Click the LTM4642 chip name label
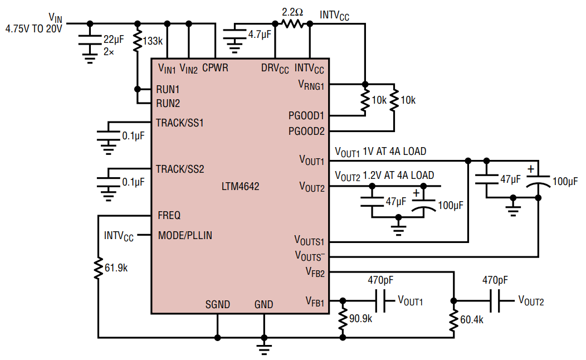(x=240, y=187)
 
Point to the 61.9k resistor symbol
(x=98, y=267)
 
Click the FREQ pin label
(x=169, y=215)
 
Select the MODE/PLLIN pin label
(x=184, y=235)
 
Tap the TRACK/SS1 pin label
(x=179, y=123)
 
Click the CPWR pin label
(x=215, y=68)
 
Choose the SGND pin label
(x=217, y=304)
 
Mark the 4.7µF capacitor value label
(x=260, y=34)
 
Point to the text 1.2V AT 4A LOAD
(x=398, y=176)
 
